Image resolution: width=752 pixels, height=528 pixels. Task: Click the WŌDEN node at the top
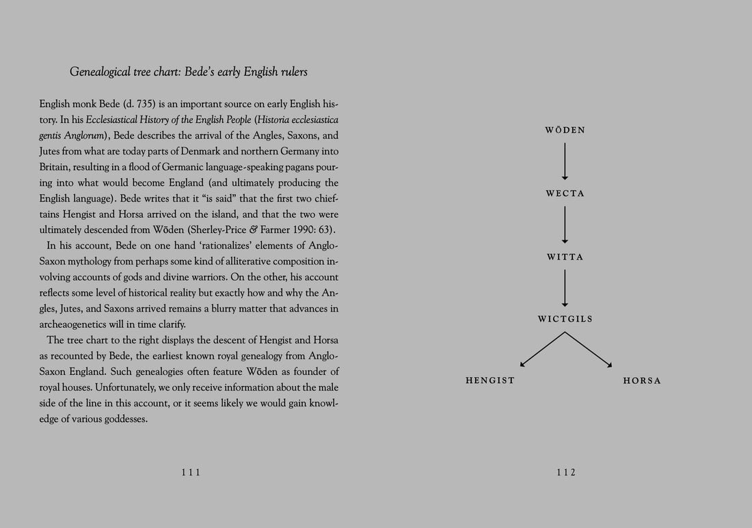pos(565,130)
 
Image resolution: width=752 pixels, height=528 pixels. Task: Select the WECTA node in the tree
pos(565,194)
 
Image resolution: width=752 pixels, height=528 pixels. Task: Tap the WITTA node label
pos(565,258)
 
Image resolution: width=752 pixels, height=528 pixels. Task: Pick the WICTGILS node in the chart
pos(565,319)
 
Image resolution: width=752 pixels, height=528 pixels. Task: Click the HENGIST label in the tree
pos(490,380)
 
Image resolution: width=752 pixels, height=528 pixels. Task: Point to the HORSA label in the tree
pos(642,380)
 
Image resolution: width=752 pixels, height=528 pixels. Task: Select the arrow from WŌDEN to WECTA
pos(565,161)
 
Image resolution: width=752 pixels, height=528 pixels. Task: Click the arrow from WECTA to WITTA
pos(565,225)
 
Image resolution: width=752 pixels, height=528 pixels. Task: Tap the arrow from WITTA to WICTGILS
pos(565,288)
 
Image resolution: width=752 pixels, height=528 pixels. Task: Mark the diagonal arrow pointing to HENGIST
pos(541,350)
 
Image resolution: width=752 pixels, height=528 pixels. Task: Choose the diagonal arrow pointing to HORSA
pos(589,350)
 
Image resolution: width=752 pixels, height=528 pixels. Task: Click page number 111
pos(191,472)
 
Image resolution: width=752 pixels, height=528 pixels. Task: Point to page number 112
pos(566,472)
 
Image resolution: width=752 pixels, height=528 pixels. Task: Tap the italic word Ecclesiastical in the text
pos(116,120)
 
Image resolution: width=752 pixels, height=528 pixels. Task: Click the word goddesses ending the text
pos(123,419)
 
